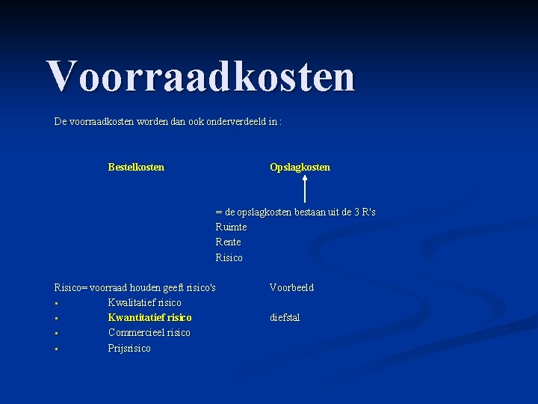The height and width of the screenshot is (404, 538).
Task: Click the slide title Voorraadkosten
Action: pyautogui.click(x=200, y=76)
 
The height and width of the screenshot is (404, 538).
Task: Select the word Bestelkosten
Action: pyautogui.click(x=136, y=167)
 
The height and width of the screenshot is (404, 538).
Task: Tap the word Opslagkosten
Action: pyautogui.click(x=300, y=167)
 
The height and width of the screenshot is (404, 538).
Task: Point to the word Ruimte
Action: pyautogui.click(x=231, y=227)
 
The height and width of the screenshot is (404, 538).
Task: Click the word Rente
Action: pyautogui.click(x=228, y=242)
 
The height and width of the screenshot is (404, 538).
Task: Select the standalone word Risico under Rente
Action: pyautogui.click(x=229, y=257)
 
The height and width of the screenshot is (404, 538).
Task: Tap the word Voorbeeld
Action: pyautogui.click(x=291, y=287)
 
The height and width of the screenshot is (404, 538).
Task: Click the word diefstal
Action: pyautogui.click(x=285, y=317)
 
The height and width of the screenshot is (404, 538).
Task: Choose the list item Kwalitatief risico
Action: pyautogui.click(x=144, y=302)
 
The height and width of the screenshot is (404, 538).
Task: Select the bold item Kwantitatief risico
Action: pyautogui.click(x=149, y=317)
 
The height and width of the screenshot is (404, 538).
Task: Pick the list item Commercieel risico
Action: pyautogui.click(x=149, y=332)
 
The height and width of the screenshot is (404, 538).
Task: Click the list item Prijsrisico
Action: pyautogui.click(x=129, y=348)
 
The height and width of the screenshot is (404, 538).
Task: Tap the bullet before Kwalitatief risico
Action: pyautogui.click(x=56, y=304)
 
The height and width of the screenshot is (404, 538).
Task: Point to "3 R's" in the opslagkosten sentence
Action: pyautogui.click(x=362, y=212)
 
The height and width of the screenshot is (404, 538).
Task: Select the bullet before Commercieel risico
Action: pyautogui.click(x=56, y=334)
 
